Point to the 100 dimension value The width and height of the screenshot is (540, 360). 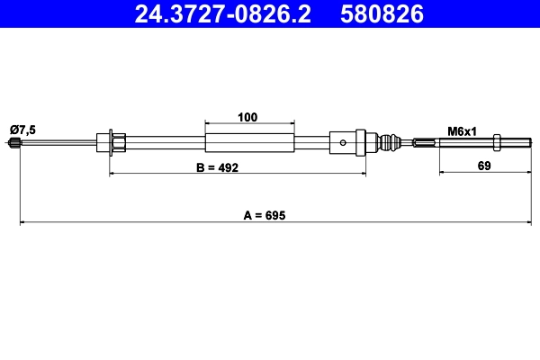pyautogui.click(x=249, y=116)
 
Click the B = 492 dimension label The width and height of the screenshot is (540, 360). pyautogui.click(x=217, y=167)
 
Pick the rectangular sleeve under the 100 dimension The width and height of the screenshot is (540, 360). pyautogui.click(x=249, y=142)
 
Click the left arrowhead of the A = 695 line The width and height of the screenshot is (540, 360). pyautogui.click(x=23, y=221)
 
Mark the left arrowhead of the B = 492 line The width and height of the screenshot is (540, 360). pyautogui.click(x=113, y=174)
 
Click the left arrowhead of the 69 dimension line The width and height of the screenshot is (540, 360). pyautogui.click(x=443, y=174)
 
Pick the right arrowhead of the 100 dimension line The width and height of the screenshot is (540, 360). pyautogui.click(x=291, y=122)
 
